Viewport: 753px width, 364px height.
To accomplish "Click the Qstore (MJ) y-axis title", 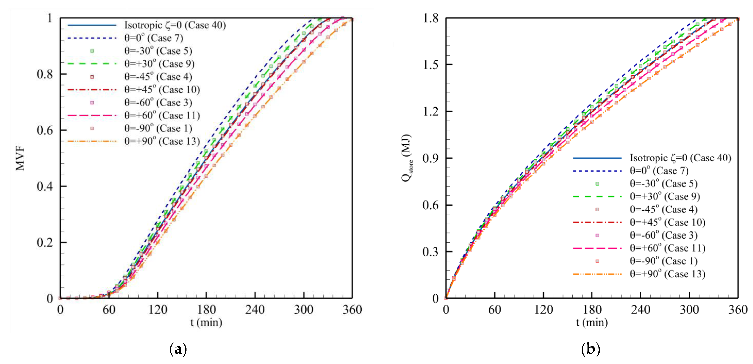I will (x=407, y=158).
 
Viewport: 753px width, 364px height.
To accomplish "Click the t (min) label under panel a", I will (x=206, y=323).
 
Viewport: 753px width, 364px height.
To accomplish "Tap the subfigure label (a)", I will (x=178, y=349).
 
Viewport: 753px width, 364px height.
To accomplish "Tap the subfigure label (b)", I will (x=591, y=349).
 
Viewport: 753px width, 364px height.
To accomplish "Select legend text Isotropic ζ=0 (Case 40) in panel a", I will (x=175, y=25).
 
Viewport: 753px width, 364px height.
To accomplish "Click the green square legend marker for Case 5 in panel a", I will (x=92, y=51).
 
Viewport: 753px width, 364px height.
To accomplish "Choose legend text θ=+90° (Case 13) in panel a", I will (x=162, y=141).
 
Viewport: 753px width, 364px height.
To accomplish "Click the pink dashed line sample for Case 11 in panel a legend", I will (x=92, y=115).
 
